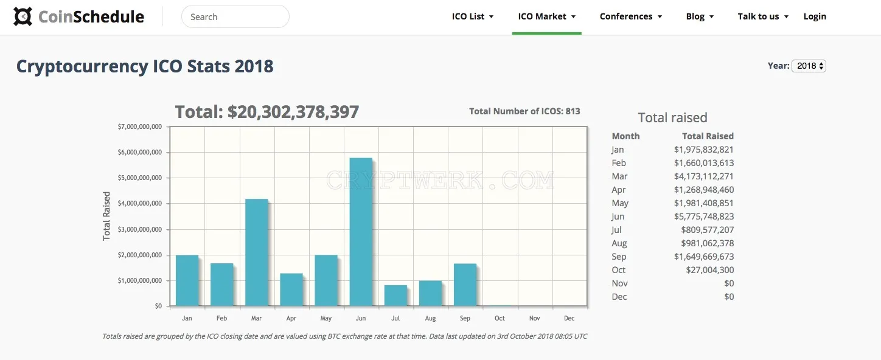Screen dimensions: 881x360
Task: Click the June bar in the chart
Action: (x=361, y=232)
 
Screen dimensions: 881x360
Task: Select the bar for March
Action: (x=256, y=252)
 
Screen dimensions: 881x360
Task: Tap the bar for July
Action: (x=395, y=296)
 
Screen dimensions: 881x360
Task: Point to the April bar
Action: (x=291, y=289)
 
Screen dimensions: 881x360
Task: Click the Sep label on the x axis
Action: (x=465, y=318)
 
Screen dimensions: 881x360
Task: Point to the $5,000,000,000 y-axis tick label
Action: (x=139, y=178)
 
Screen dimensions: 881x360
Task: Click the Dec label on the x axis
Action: (x=569, y=318)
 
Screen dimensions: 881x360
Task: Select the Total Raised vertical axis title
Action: (x=106, y=216)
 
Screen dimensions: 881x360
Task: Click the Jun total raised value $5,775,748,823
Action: (x=703, y=216)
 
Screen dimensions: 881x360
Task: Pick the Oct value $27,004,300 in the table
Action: (x=710, y=270)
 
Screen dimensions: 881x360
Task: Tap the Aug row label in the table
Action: (x=619, y=243)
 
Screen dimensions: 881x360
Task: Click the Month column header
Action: (x=625, y=136)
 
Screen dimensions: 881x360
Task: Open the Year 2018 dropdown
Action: (x=809, y=66)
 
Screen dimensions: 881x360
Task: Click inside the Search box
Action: (x=235, y=16)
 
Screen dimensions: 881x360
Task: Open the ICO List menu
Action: (x=472, y=16)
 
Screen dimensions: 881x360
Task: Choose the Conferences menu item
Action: (x=631, y=16)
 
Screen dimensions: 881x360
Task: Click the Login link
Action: (x=815, y=16)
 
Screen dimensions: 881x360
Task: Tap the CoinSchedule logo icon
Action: (x=23, y=16)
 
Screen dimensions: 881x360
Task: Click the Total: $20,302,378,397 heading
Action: (x=266, y=112)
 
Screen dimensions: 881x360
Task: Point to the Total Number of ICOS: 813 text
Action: (x=524, y=111)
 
